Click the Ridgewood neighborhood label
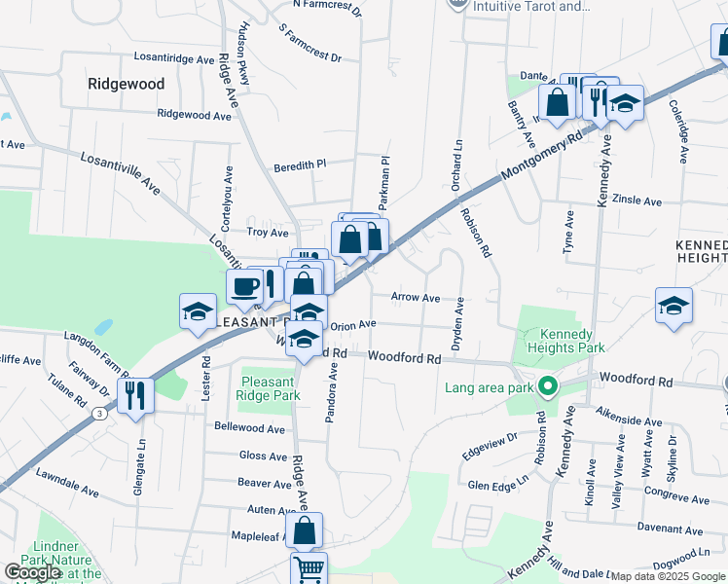(127, 84)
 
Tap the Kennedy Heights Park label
(564, 341)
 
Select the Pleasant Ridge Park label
(268, 389)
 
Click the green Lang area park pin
(548, 388)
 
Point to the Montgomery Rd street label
(541, 155)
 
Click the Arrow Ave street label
(416, 297)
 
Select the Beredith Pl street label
(299, 165)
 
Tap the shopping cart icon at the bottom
(309, 568)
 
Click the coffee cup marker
(244, 286)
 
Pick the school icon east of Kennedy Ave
(673, 305)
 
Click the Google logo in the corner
(32, 572)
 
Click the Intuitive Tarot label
(531, 6)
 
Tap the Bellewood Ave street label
(249, 428)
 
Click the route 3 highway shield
(100, 414)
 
